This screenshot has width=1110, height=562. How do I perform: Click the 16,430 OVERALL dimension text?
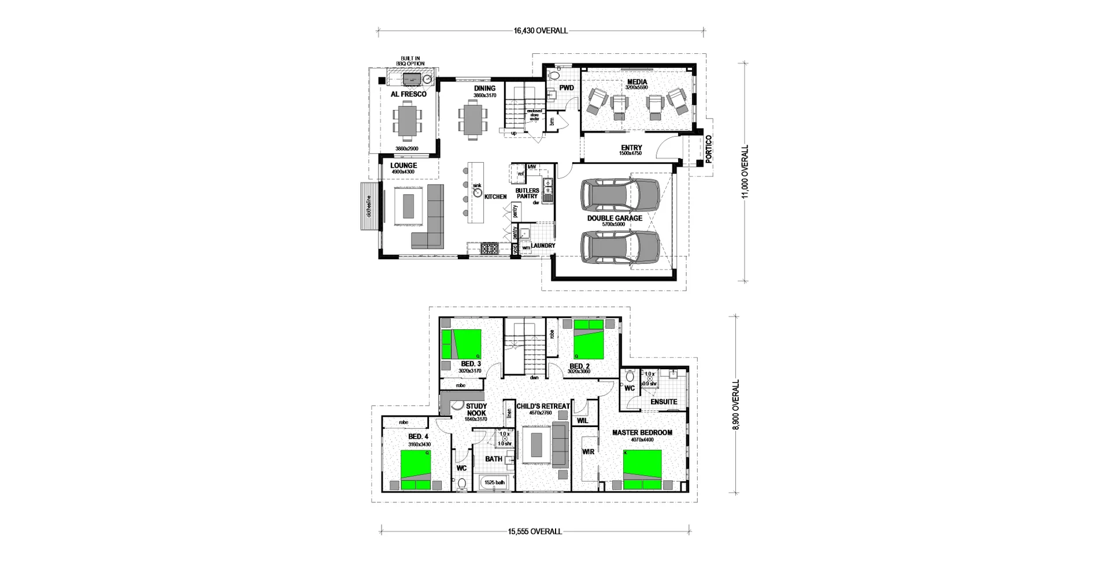point(541,31)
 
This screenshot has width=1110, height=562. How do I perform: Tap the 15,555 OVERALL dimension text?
point(535,531)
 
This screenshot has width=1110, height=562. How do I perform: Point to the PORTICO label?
point(709,149)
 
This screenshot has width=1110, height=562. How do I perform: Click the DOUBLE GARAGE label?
point(615,218)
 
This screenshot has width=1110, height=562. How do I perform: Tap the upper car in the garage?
point(620,195)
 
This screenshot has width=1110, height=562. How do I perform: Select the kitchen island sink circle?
point(478,192)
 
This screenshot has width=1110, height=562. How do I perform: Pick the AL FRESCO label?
point(408,94)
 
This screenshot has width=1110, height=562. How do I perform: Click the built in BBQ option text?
point(411,61)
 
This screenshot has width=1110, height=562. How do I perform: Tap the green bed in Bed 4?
point(416,470)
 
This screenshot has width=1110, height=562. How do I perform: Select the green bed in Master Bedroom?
point(642,469)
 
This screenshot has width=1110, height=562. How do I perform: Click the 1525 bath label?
point(494,482)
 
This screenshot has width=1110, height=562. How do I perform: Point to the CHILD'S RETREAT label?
point(542,406)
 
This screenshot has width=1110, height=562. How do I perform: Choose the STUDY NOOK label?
point(476,409)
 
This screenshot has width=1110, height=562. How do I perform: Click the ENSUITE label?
point(663,402)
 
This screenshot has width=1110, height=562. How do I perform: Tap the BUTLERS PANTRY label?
point(527,193)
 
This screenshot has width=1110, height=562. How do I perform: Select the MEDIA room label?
point(637,82)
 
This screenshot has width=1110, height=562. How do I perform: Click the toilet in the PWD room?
point(554,75)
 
